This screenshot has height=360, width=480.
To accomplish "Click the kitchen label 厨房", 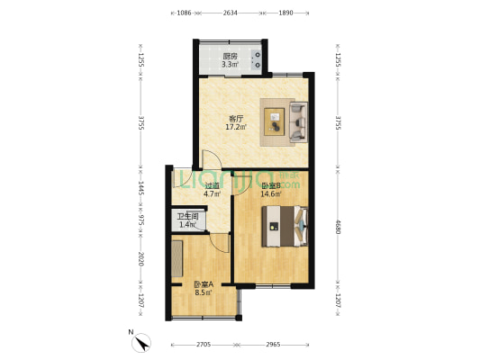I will coord(231,56).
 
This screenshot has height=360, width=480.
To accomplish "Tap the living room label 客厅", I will coord(236,118).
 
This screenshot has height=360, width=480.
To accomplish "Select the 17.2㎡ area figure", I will coord(236,127).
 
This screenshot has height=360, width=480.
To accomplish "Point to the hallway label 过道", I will coord(187,184).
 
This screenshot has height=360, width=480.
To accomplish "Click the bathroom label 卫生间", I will coord(187,216).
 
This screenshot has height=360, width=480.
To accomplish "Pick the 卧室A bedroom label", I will coord(203,283).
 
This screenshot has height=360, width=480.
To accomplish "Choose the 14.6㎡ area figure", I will coord(270,193).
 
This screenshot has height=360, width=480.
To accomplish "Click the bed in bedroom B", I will coord(285,226).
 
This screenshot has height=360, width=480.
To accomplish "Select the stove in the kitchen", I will coord(258,60).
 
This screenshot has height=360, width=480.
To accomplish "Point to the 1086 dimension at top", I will coord(185,13).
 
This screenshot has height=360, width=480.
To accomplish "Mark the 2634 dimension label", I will coord(231,13).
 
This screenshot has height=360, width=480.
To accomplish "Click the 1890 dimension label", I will coord(286,13).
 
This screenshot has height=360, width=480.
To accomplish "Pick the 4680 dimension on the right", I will coord(338,229).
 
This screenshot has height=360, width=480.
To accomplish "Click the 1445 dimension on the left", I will coord(140,189).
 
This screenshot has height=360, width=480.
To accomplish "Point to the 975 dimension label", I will coord(140,220).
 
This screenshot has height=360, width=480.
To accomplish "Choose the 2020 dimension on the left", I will coord(140,259).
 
